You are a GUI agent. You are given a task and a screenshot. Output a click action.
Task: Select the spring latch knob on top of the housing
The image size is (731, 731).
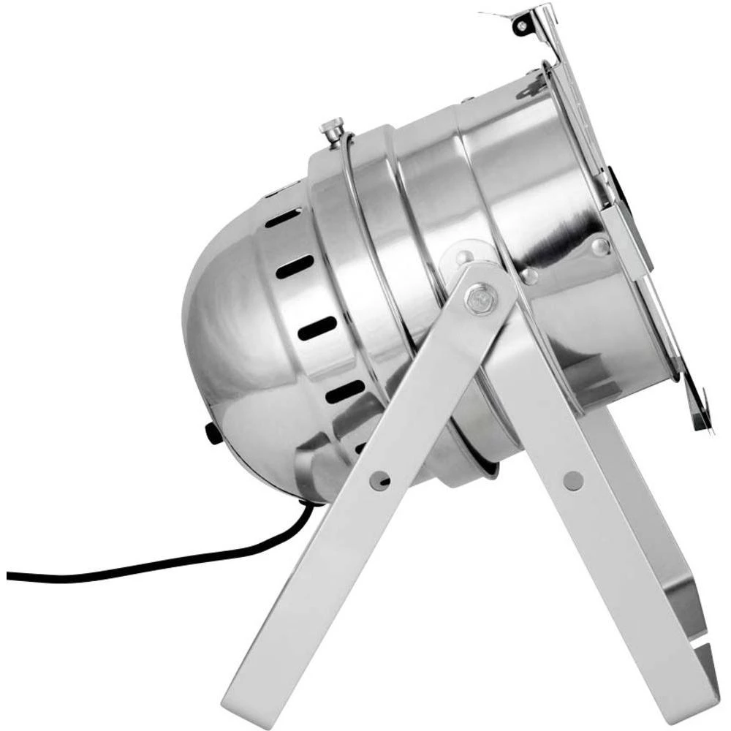point(330,132)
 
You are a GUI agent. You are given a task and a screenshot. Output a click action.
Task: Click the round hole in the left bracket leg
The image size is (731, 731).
point(379,479)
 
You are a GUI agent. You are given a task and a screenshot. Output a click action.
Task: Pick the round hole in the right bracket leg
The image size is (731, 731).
point(574,480)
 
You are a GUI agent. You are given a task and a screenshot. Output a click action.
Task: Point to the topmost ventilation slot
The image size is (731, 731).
point(283,218)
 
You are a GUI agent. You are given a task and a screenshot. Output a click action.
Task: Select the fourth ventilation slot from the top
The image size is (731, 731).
point(344,392)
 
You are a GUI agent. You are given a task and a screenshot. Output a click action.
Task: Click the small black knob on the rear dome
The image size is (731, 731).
point(213,433)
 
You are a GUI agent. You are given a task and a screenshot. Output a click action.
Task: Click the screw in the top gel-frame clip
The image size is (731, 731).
point(521,26)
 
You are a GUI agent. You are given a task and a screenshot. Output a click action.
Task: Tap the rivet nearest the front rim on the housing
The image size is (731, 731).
point(599,246)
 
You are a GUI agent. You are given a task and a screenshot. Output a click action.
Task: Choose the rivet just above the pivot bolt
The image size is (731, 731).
point(462,258)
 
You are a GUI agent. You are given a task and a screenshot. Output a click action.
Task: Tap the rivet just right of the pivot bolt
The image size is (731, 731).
point(530,276)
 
